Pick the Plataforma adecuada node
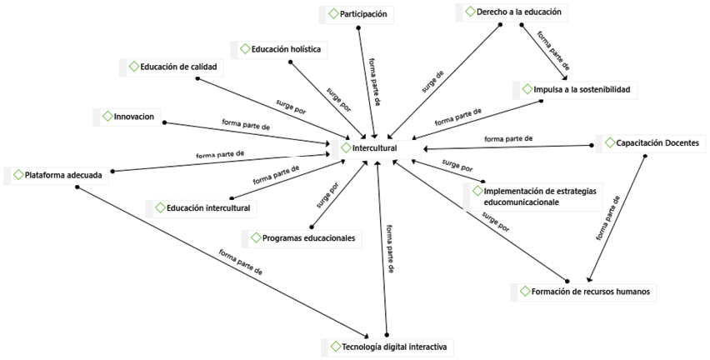63,175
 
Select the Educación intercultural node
207,207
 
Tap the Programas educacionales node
308,238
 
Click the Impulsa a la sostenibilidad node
582,89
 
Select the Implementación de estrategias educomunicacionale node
539,197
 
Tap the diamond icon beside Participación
333,14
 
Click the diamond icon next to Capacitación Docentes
609,142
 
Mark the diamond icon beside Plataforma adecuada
17,175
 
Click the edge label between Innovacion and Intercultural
246,126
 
